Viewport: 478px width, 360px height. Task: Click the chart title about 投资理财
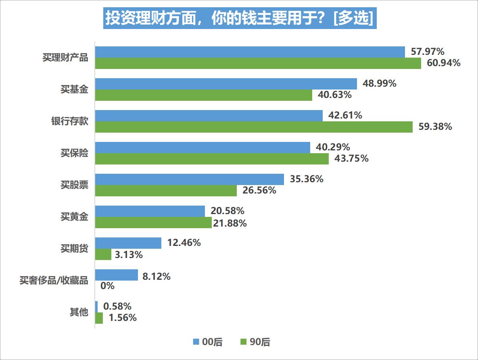tap(240, 18)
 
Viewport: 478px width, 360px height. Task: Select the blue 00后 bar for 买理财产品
tap(250, 52)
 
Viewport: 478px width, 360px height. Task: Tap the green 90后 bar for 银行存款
tap(254, 127)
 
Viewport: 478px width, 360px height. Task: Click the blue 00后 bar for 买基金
tap(226, 84)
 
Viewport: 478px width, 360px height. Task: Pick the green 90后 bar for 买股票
tap(166, 190)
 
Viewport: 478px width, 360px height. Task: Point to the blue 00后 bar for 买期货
tap(128, 243)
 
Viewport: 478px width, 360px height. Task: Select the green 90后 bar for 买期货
tap(103, 254)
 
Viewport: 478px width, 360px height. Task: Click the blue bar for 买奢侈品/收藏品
tap(117, 275)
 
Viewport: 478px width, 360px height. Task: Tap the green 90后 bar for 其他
tap(99, 318)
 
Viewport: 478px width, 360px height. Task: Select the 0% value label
tap(107, 286)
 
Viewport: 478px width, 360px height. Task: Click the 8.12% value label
tap(157, 277)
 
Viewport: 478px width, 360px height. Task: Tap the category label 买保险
tap(74, 153)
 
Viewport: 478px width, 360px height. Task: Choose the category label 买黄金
tap(74, 217)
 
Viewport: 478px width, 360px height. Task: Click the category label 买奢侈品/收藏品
tap(54, 281)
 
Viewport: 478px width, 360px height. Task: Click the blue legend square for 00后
tap(196, 342)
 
